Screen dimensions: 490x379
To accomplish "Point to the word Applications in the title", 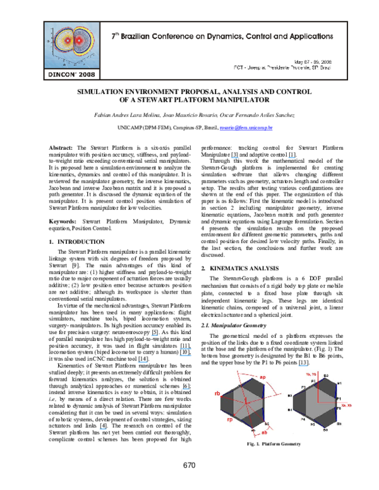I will point(307,37).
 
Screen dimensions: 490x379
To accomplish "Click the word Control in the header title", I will point(266,37).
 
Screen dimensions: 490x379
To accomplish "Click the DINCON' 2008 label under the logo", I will point(71,74).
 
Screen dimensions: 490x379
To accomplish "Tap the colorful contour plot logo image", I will point(71,45).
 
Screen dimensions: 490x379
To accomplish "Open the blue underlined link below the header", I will point(246,128).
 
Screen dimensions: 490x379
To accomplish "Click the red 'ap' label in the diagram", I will point(262,377).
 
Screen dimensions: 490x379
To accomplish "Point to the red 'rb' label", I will point(218,394).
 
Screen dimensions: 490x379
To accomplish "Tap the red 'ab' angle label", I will point(264,432).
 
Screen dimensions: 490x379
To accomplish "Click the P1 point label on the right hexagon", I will point(338,399).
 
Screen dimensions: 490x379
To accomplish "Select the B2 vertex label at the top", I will point(326,376).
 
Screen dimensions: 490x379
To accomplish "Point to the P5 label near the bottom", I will point(313,425).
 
